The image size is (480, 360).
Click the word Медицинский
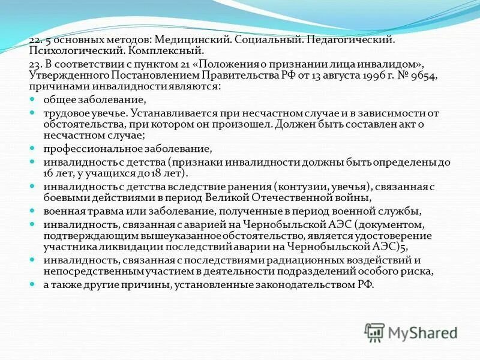point(199,39)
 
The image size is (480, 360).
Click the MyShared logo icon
point(375,332)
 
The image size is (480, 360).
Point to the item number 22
point(34,39)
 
